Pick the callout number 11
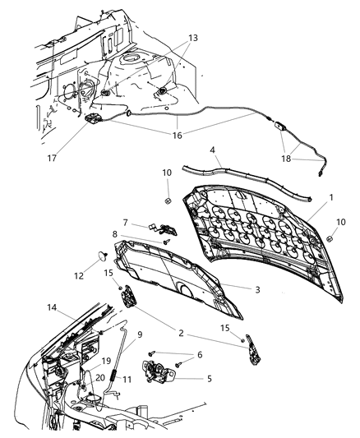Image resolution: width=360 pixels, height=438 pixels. pyautogui.click(x=126, y=380)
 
